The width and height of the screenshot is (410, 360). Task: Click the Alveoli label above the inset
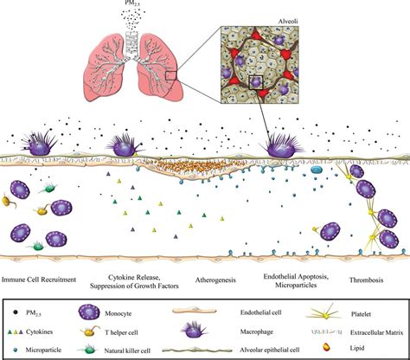[288, 22]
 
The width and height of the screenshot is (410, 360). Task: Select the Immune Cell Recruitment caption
[39, 280]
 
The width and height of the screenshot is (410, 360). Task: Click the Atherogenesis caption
[215, 280]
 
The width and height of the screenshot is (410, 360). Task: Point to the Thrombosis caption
[366, 280]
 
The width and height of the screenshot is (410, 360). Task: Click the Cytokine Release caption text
[134, 278]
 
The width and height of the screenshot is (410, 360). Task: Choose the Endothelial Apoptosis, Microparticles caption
[296, 280]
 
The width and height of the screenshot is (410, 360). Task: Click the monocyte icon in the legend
[89, 312]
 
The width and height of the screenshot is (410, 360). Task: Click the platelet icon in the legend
[325, 313]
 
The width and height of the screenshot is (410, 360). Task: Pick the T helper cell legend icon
[90, 332]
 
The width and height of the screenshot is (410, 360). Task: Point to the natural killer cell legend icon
[88, 350]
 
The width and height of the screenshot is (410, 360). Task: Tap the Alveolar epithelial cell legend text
[270, 350]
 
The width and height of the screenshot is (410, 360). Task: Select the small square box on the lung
[170, 75]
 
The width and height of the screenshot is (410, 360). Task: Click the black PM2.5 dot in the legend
[16, 312]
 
